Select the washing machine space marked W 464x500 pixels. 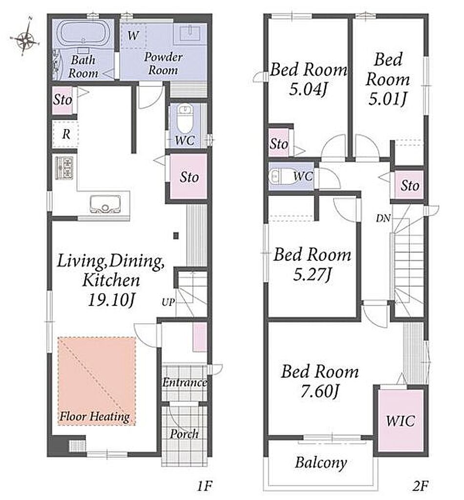133,35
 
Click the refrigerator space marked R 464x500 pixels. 65,134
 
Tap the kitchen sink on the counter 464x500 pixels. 105,204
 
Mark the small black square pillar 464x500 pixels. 176,236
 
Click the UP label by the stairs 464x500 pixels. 169,302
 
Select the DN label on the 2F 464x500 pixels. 383,218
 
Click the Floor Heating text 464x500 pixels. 95,417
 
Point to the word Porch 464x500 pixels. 184,434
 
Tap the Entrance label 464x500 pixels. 185,382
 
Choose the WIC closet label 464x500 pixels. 401,421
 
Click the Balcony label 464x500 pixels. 321,463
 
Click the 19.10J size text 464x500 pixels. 112,300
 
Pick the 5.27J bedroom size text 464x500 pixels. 313,274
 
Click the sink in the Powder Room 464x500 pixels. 190,34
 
